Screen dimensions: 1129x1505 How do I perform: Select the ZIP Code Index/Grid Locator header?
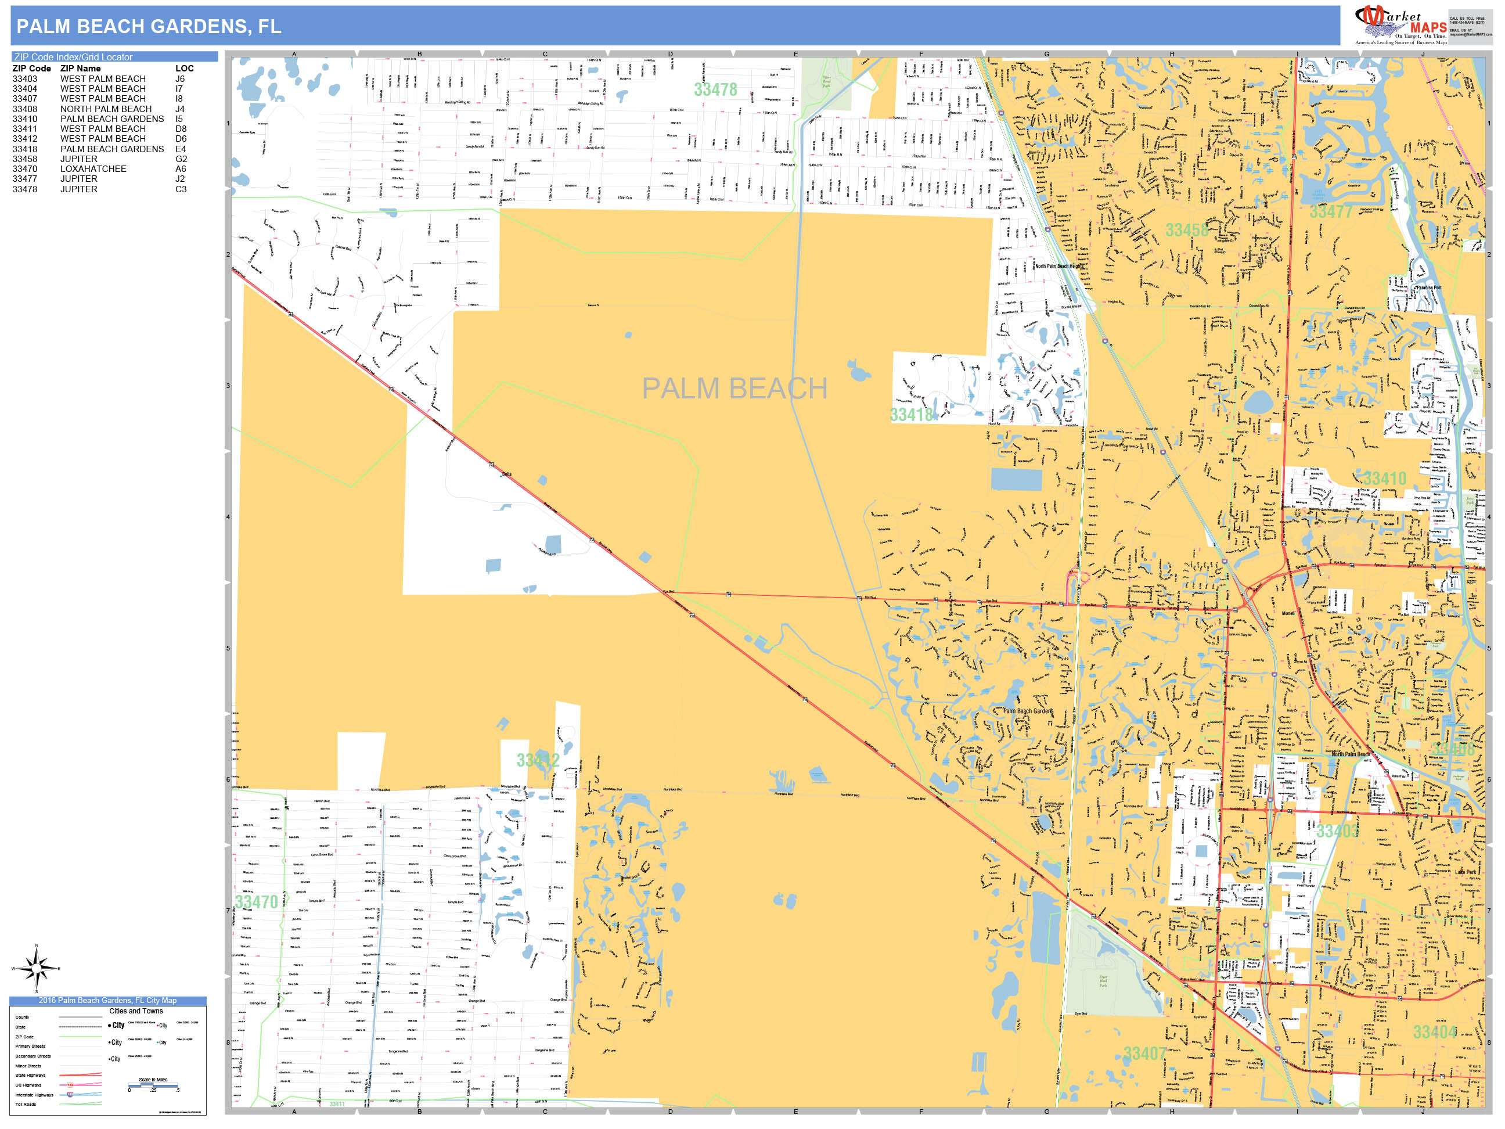[x=74, y=57]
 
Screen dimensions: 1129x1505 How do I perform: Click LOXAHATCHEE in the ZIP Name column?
[x=93, y=169]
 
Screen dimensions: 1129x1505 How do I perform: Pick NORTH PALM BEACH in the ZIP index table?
[x=106, y=109]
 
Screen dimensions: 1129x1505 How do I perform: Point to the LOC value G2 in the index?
[x=181, y=159]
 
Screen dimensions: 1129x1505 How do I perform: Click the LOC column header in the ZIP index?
[x=185, y=69]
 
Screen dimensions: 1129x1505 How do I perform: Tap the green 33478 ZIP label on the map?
[x=715, y=90]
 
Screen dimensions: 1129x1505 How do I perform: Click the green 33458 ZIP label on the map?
[x=1187, y=230]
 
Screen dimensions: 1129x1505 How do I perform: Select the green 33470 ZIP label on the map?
[x=257, y=902]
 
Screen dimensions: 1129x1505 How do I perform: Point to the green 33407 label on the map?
[x=1144, y=1054]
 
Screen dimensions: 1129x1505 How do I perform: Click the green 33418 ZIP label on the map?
[x=911, y=415]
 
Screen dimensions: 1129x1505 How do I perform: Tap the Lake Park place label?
[x=1466, y=872]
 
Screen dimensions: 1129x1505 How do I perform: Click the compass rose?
[x=37, y=968]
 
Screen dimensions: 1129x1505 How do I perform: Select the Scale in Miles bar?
[x=154, y=1085]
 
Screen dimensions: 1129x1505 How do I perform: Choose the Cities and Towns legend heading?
[x=136, y=1011]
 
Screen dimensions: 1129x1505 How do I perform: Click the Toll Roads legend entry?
[x=26, y=1104]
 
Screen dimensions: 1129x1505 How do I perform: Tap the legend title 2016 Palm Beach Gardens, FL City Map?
[x=107, y=1001]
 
